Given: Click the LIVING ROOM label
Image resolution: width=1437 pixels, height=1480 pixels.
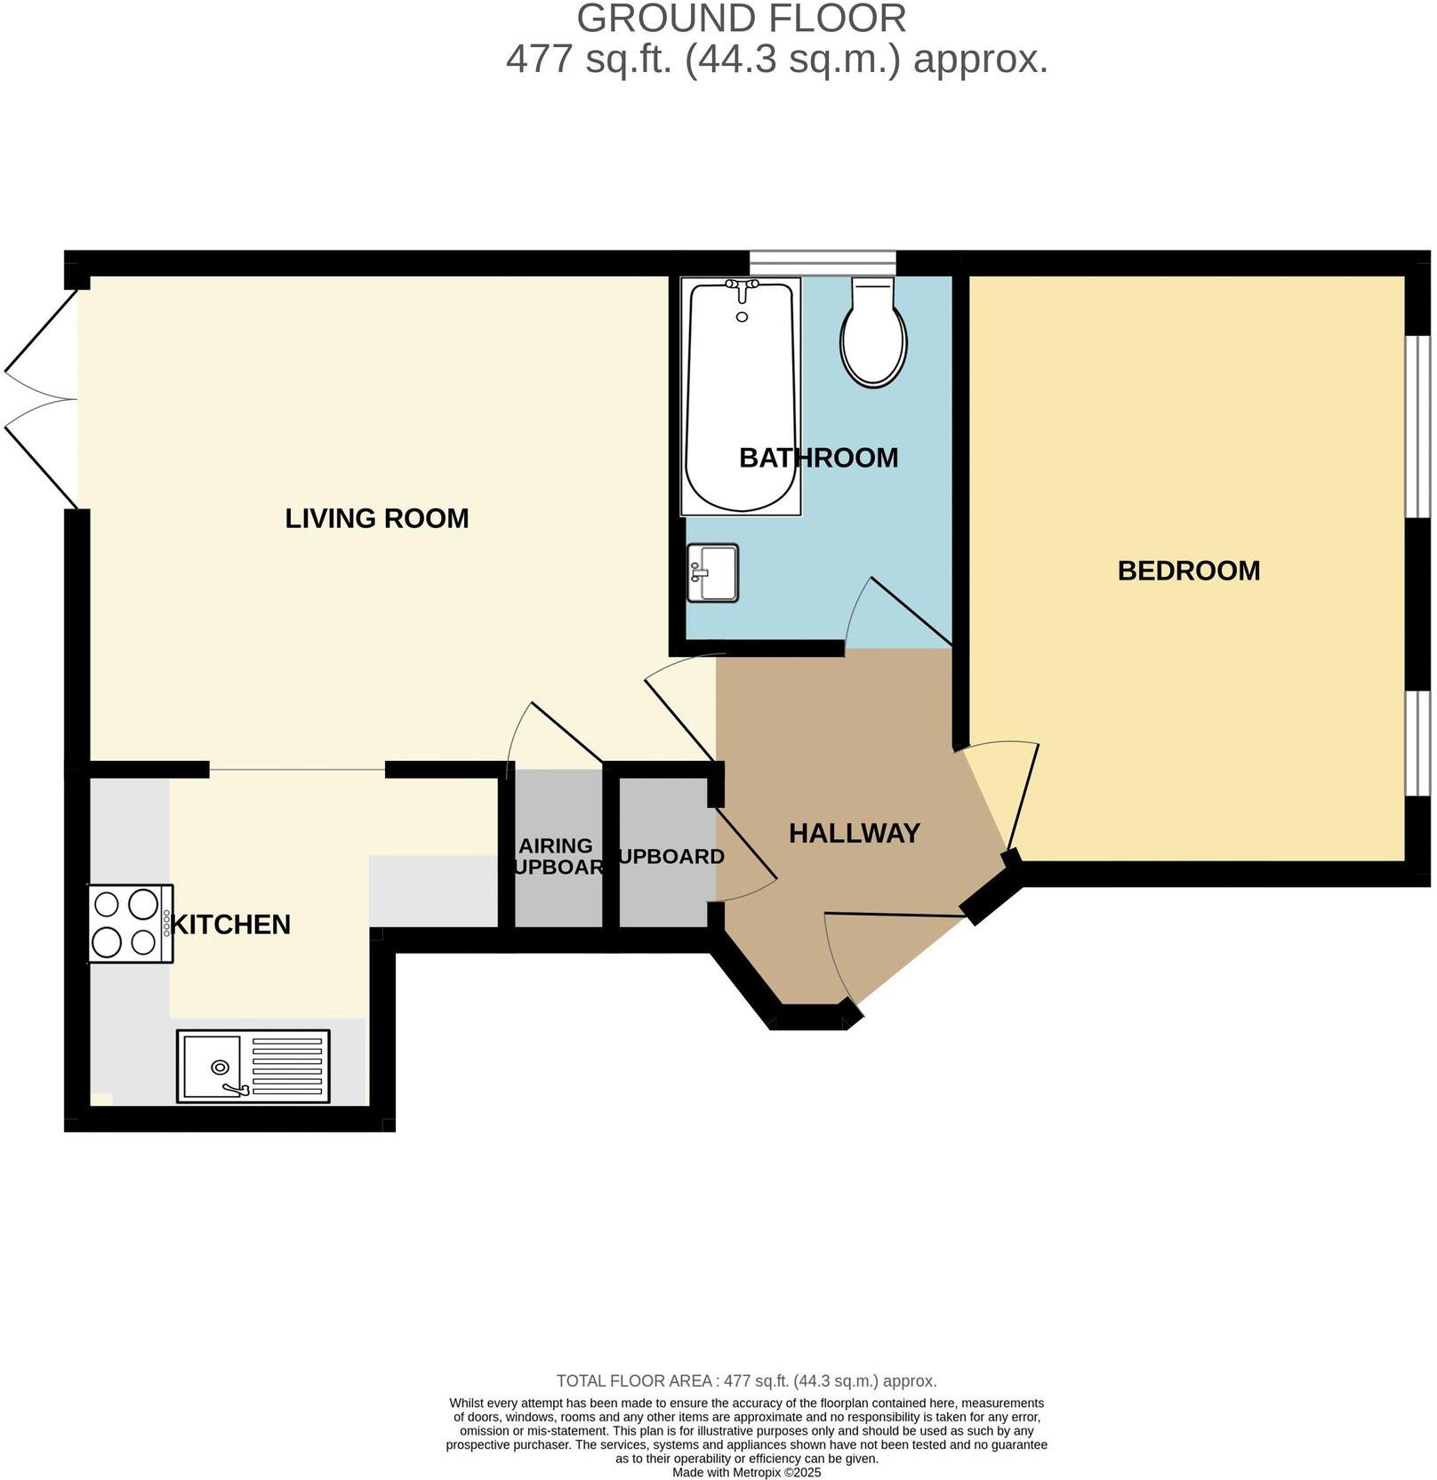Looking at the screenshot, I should pyautogui.click(x=376, y=518).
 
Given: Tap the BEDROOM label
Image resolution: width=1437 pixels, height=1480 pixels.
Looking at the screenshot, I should pyautogui.click(x=1188, y=571).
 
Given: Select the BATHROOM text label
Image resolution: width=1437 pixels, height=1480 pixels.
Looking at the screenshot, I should pyautogui.click(x=818, y=458).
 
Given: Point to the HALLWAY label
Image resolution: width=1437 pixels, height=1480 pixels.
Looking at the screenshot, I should pyautogui.click(x=854, y=834).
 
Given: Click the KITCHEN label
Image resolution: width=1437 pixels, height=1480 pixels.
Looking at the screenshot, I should pyautogui.click(x=231, y=924).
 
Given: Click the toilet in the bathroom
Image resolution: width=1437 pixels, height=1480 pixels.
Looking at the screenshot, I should pyautogui.click(x=874, y=332).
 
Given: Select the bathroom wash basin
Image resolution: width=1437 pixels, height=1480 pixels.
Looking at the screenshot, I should pyautogui.click(x=713, y=573).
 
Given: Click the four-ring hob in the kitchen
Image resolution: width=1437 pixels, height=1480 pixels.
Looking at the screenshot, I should pyautogui.click(x=130, y=924).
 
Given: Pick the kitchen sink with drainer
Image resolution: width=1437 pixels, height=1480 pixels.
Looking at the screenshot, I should pyautogui.click(x=253, y=1066).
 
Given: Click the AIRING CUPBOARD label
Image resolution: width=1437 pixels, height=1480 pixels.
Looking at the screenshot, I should pyautogui.click(x=556, y=856).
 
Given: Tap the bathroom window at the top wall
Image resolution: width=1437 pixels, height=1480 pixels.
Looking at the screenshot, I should pyautogui.click(x=822, y=263).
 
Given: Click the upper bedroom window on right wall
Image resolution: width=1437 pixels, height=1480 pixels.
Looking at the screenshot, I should pyautogui.click(x=1417, y=426).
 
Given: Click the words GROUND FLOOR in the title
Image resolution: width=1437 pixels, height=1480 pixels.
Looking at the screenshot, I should pyautogui.click(x=742, y=20).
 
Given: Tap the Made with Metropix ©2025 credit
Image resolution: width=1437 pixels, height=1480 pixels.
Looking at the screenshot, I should pyautogui.click(x=746, y=1472).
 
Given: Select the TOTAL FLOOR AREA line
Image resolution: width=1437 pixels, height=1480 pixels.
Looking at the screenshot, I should pyautogui.click(x=746, y=1380).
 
